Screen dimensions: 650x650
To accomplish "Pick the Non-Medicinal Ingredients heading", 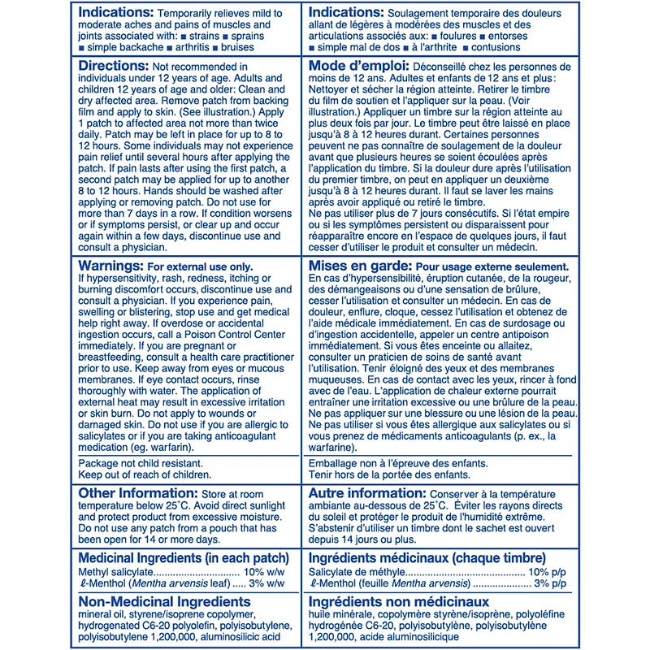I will (x=164, y=601).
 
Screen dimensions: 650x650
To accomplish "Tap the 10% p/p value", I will (x=553, y=573).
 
